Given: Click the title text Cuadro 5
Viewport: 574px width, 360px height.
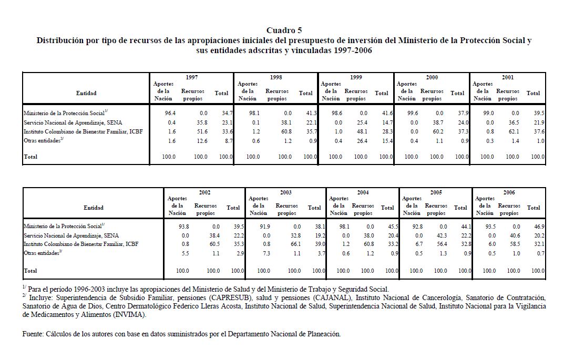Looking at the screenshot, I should pyautogui.click(x=284, y=30).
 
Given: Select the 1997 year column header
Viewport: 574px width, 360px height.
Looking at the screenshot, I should pyautogui.click(x=191, y=77).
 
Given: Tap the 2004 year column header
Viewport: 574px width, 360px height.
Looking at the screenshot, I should pyautogui.click(x=363, y=192).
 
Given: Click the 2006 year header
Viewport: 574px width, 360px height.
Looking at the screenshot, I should pyautogui.click(x=509, y=192).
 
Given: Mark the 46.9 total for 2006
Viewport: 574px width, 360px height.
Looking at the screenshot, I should pyautogui.click(x=538, y=227).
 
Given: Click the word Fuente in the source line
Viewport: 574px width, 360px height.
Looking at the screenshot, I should pyautogui.click(x=33, y=334).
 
